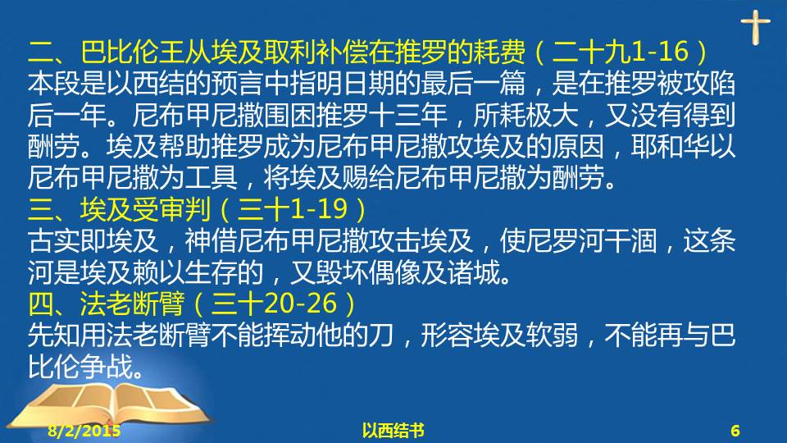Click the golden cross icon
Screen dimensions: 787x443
(755, 26)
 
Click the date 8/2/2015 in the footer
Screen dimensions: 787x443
(84, 431)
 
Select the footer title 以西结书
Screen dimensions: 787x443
(393, 431)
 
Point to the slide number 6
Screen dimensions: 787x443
(735, 431)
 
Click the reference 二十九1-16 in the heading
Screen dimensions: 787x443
(620, 52)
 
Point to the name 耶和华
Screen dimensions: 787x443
(670, 147)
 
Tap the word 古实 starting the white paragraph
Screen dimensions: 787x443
(54, 240)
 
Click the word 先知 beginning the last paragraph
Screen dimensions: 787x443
(54, 335)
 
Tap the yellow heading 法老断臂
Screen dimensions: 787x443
(132, 304)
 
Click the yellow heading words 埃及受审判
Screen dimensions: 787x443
(145, 209)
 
